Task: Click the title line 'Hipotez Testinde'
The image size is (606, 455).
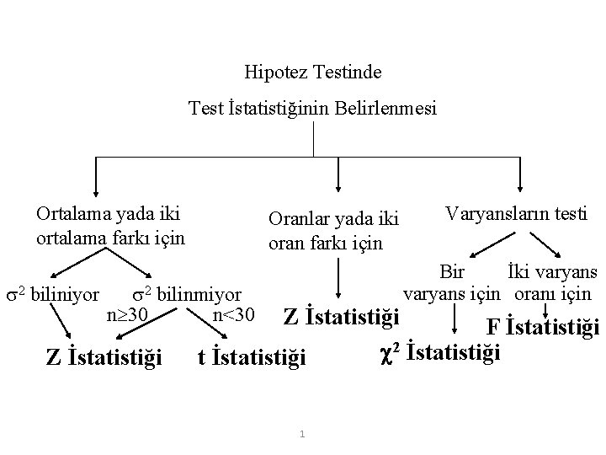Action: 313,72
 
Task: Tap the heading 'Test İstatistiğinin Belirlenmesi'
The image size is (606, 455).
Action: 313,109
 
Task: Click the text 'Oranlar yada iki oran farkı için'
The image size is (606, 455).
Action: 333,231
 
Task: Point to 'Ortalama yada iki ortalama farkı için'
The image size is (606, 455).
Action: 110,225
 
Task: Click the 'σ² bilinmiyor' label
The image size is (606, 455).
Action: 187,295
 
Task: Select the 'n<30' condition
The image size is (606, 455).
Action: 234,315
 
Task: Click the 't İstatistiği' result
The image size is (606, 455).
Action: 251,358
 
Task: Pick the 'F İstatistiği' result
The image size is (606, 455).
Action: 544,327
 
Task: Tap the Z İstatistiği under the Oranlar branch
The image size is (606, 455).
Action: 340,318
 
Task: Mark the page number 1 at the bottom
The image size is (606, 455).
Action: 302,435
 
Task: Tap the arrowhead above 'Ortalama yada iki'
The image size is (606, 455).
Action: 94,190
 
